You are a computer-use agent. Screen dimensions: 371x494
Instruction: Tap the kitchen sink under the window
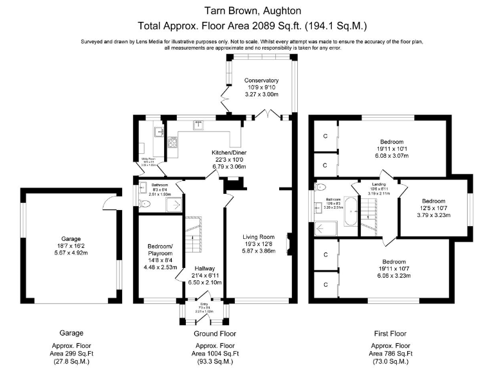pos(199,126)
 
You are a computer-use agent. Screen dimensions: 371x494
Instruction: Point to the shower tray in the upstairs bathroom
pos(326,228)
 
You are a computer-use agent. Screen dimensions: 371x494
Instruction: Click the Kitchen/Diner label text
pos(230,153)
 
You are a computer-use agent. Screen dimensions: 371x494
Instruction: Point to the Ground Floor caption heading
pos(214,333)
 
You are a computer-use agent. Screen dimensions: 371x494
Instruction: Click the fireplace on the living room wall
pos(290,245)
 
